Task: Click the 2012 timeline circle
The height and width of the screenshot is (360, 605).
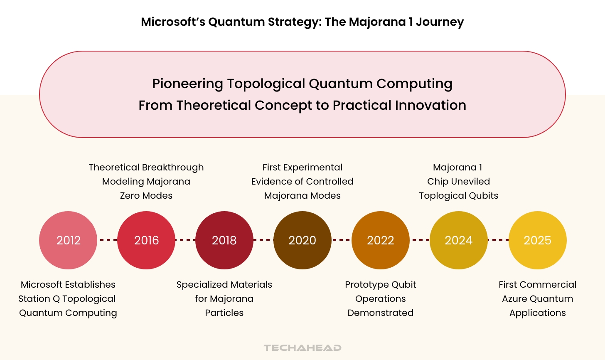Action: (x=68, y=240)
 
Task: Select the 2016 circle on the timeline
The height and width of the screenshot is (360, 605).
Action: (x=146, y=240)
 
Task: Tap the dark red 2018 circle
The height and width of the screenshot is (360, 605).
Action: (x=224, y=240)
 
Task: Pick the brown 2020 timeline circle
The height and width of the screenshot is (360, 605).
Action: (x=302, y=240)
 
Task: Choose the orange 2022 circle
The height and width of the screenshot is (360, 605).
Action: (x=381, y=240)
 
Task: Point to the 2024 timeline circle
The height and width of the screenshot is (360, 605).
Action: (x=459, y=240)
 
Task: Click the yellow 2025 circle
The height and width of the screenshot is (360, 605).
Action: (x=538, y=240)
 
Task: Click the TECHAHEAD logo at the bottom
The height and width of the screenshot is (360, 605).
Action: (x=302, y=348)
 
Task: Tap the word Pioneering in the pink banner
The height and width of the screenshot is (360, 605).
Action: (x=187, y=84)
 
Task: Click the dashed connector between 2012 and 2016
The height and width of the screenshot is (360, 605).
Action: (x=107, y=240)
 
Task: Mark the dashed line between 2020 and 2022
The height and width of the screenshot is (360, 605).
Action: (x=342, y=240)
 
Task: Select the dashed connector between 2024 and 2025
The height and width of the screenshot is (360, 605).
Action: (x=498, y=240)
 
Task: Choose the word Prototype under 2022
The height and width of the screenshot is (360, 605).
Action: (x=365, y=285)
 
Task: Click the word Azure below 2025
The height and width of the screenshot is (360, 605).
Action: (x=515, y=299)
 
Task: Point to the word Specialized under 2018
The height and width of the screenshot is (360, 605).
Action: (x=203, y=285)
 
